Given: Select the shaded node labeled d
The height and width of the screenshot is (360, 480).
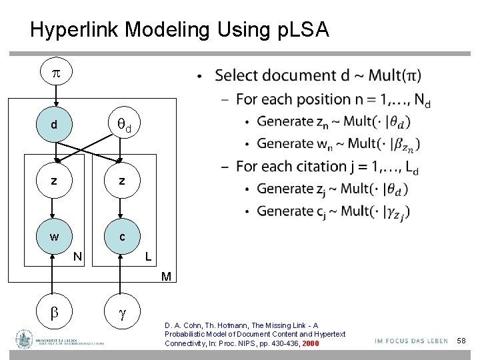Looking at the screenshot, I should tap(54, 125).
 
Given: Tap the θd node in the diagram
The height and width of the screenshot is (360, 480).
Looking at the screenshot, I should tap(121, 124).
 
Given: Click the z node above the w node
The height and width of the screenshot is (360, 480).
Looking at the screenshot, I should tap(54, 181).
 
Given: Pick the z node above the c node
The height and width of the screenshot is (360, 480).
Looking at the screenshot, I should tap(121, 181).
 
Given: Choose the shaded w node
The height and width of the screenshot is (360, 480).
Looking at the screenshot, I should tap(54, 237).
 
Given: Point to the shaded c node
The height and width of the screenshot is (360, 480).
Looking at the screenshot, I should tap(121, 237).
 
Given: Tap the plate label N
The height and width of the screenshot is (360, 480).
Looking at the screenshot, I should tap(78, 257).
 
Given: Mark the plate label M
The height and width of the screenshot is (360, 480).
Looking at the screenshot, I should tap(167, 276).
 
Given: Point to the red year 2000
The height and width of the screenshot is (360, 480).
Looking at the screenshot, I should tap(311, 343).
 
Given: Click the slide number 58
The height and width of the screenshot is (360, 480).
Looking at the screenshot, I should tap(461, 341).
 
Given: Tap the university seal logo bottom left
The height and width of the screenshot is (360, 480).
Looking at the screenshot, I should tap(25, 339).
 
